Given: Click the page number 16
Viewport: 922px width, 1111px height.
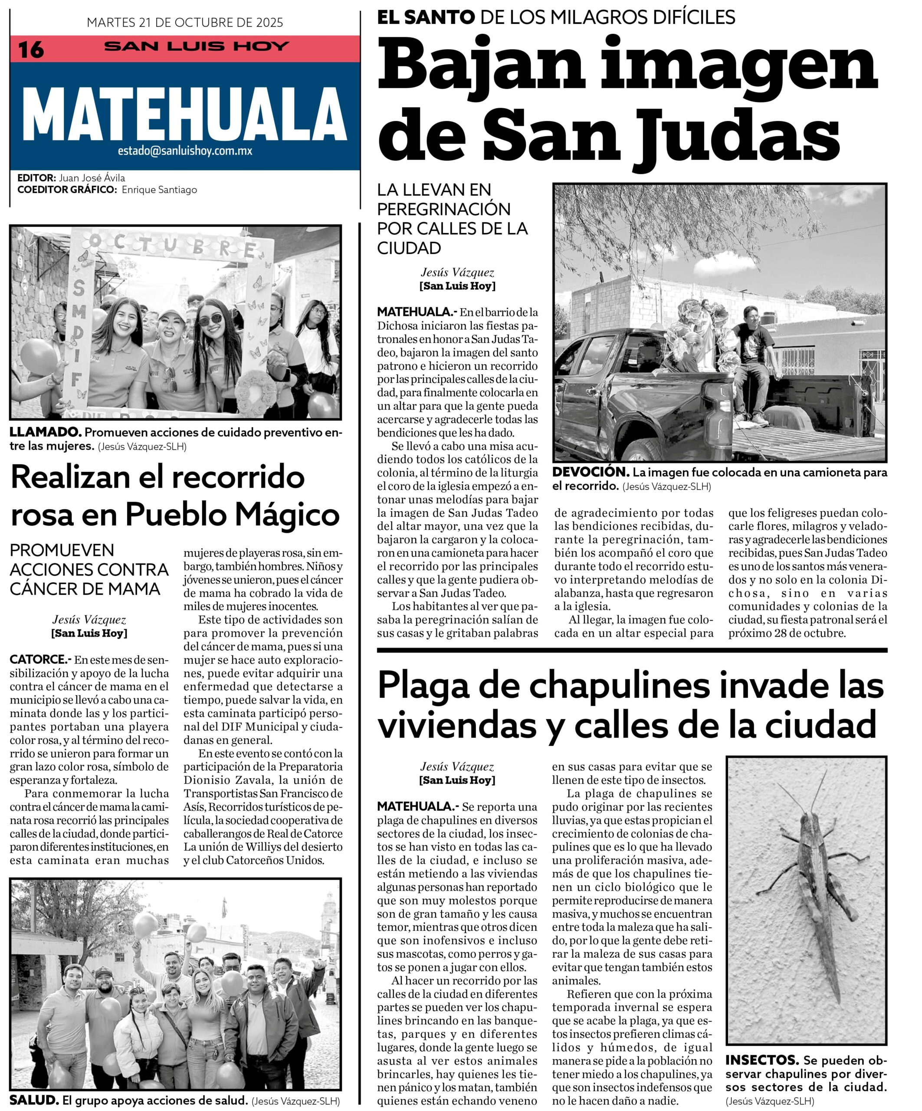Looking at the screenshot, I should pyautogui.click(x=31, y=50).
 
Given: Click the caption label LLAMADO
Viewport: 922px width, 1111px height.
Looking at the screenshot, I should pyautogui.click(x=46, y=432).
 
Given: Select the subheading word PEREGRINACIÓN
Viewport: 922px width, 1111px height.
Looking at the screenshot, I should pyautogui.click(x=443, y=209).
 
